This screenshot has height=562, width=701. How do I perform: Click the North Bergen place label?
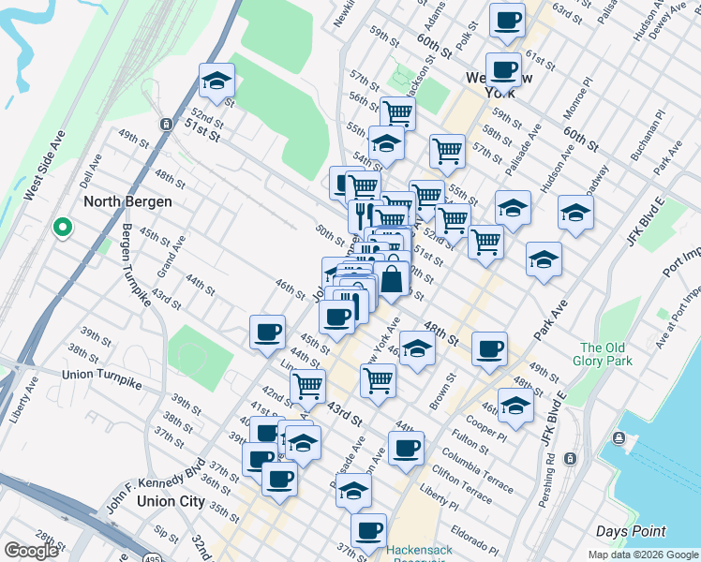coord(120,201)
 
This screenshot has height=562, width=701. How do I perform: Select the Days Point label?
coord(632,531)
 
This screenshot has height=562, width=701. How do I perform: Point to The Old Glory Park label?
coord(605,354)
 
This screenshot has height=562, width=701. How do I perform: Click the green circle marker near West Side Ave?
coord(63,226)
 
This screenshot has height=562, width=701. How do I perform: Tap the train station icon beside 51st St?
coord(166,124)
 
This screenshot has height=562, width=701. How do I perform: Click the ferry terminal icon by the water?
coord(619,438)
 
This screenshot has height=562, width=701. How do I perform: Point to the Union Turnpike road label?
coord(101,374)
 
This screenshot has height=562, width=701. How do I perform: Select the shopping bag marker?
coord(394,278)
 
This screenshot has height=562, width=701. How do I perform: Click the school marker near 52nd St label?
coord(217,81)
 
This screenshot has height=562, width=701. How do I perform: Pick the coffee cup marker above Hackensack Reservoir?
coord(368,530)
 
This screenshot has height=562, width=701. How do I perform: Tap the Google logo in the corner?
coord(31,551)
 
